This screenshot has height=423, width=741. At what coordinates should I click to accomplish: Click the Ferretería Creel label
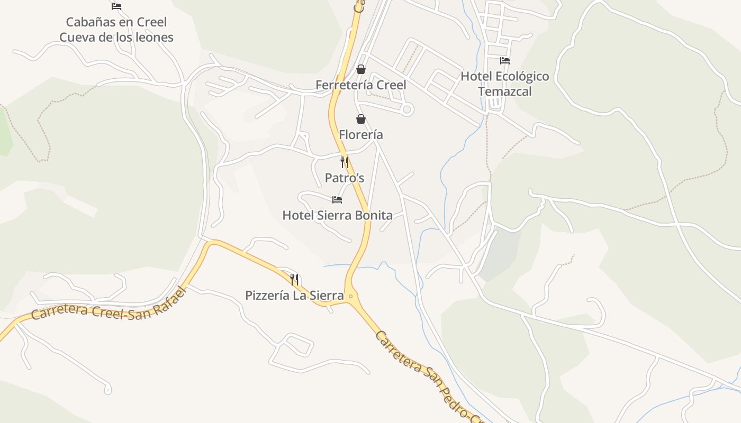[x=361, y=85]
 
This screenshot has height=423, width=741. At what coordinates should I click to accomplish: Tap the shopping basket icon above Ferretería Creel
[x=361, y=69]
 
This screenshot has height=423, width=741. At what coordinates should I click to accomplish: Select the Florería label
[x=361, y=135]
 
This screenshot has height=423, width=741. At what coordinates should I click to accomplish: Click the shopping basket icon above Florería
[x=361, y=119]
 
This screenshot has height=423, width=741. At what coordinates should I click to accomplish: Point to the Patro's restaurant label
[x=345, y=178]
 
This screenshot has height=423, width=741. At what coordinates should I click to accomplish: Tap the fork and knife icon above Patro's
[x=345, y=162]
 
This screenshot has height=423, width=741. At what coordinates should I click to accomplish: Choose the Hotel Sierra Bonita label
[x=337, y=215]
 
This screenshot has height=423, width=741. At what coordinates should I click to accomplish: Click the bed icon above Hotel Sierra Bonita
[x=337, y=200]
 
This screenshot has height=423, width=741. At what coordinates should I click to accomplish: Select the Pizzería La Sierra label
[x=294, y=296]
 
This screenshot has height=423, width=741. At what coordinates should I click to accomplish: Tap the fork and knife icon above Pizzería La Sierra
[x=295, y=280]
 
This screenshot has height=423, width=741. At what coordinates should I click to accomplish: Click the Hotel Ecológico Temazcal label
[x=504, y=84]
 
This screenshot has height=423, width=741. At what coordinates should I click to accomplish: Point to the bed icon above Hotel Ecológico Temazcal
[x=505, y=61]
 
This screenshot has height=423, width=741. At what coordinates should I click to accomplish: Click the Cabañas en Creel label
[x=116, y=22]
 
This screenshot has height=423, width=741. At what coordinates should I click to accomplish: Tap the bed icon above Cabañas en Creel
[x=116, y=6]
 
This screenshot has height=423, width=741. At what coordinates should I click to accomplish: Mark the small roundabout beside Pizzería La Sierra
[x=350, y=296]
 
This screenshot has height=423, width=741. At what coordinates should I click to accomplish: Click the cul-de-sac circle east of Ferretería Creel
[x=407, y=109]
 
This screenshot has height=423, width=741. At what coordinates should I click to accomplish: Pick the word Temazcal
[x=504, y=91]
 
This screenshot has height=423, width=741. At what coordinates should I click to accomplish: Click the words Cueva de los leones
[x=116, y=38]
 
